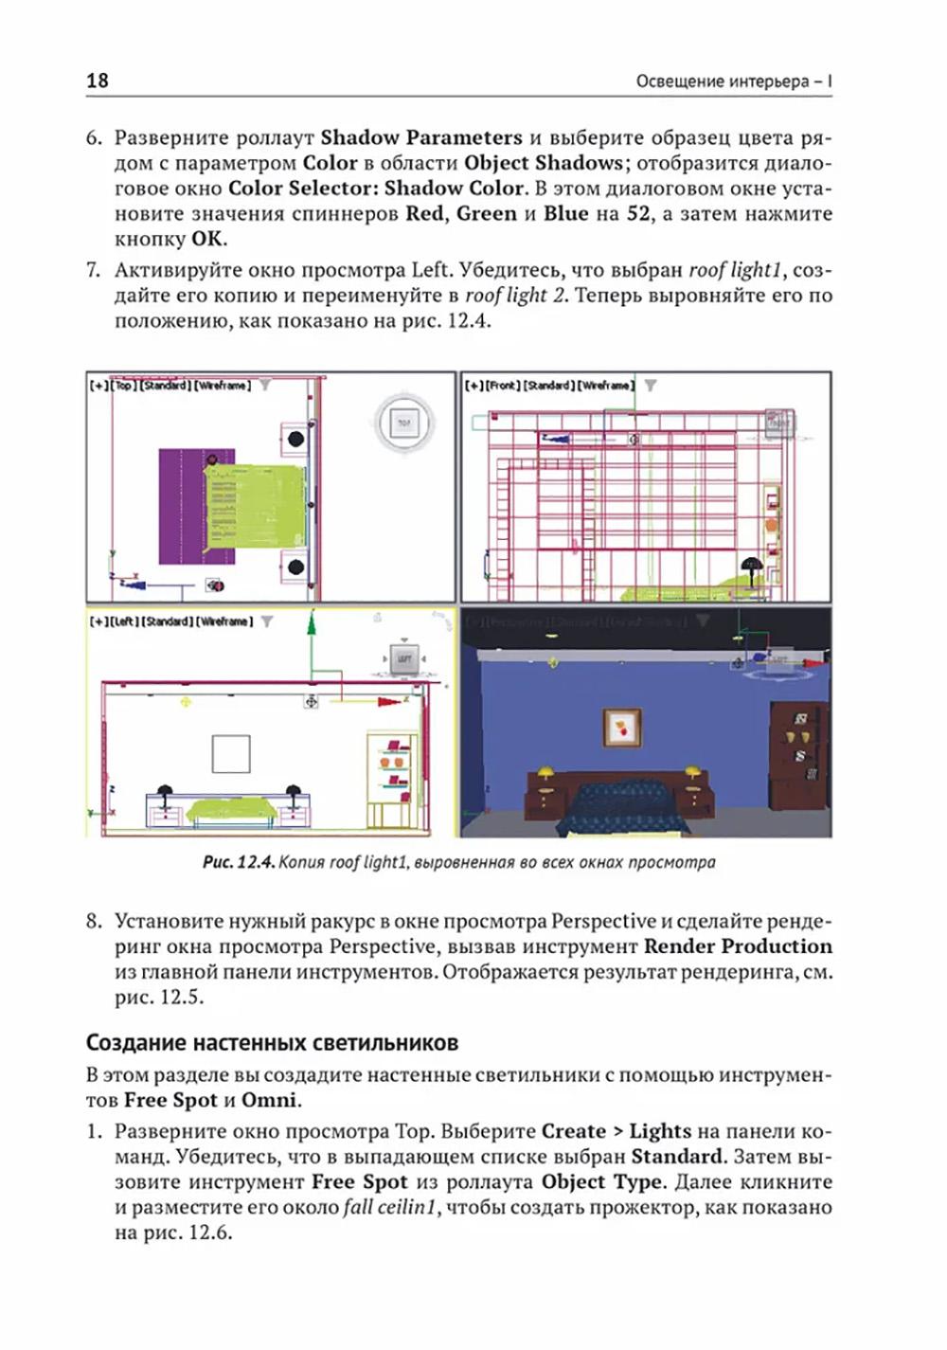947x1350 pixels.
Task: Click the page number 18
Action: point(98,81)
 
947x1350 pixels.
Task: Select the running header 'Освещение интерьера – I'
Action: point(733,81)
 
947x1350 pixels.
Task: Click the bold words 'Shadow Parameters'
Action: point(421,137)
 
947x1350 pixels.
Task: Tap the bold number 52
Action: point(639,213)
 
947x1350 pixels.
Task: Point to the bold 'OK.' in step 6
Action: point(209,239)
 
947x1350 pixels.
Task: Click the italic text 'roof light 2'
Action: point(515,296)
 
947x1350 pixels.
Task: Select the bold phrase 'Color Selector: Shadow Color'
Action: point(376,188)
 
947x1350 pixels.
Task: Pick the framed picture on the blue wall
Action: point(622,727)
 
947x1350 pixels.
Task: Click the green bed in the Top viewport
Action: point(255,507)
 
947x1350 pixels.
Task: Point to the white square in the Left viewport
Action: point(230,755)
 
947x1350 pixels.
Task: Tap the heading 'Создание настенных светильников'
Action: point(272,1042)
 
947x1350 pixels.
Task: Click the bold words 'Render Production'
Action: point(738,946)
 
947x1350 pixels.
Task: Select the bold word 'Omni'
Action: point(269,1100)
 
